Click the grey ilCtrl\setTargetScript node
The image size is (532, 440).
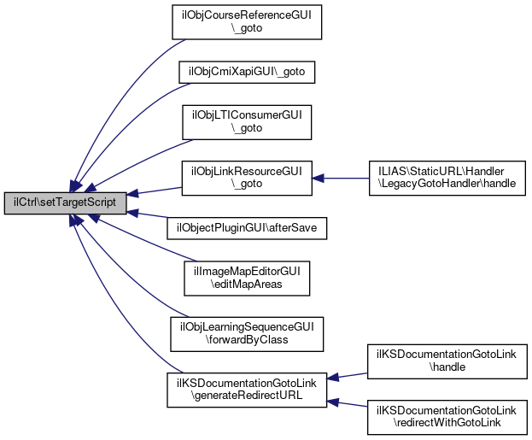coord(65,203)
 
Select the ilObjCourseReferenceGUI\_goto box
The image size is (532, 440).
coord(247,22)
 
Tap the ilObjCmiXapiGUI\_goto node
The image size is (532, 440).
coord(247,72)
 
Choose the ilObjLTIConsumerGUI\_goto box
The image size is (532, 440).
coord(247,122)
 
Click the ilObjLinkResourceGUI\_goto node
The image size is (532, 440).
coord(247,178)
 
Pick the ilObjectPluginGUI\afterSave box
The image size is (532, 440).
coord(247,228)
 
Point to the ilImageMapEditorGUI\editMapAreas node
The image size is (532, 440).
coord(247,279)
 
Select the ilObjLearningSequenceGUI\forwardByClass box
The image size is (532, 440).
coord(247,334)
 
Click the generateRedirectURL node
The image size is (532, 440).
coord(247,390)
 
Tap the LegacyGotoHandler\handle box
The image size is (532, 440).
coord(447,178)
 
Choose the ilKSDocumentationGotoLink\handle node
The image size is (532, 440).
coord(447,361)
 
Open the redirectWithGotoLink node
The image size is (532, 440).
coord(447,417)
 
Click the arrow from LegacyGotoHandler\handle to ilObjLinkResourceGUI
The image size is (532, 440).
coord(341,178)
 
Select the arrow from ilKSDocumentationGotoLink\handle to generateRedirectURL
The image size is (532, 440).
coord(347,376)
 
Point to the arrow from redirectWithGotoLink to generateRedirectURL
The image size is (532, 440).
coord(347,403)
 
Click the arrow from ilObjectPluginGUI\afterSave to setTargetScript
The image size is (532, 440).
coord(147,214)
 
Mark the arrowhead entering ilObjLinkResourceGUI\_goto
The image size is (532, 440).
coord(318,178)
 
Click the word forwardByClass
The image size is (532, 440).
coord(247,340)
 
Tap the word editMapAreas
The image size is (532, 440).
coord(247,285)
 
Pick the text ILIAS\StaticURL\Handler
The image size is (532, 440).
coord(441,171)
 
